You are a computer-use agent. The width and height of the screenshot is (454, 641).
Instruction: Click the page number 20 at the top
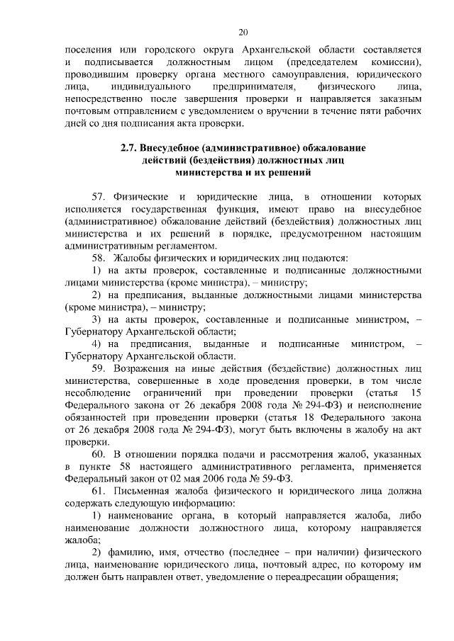coord(243,32)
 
